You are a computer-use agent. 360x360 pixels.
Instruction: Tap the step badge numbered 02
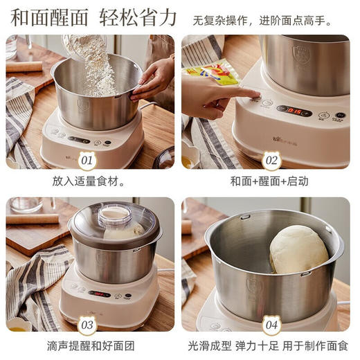coord(271,161)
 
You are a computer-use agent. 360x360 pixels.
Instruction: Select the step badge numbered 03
coord(87,323)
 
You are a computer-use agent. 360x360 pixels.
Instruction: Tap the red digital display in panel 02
coord(295,110)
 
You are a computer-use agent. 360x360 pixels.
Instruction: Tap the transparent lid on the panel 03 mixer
coord(114,226)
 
